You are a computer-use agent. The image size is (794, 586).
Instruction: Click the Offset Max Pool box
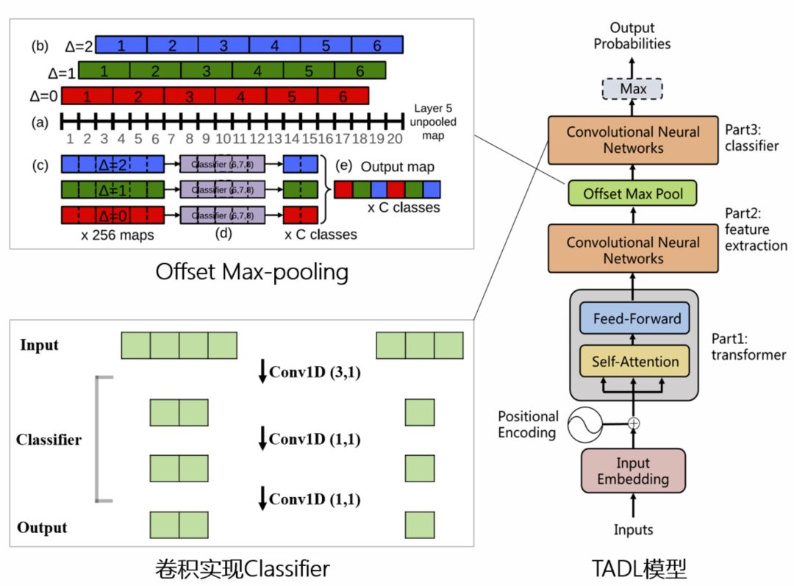[x=633, y=194]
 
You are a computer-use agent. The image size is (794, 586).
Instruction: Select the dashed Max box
[x=633, y=90]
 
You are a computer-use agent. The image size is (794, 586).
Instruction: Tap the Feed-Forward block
[x=634, y=320]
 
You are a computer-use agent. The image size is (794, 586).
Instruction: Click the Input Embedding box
[x=633, y=471]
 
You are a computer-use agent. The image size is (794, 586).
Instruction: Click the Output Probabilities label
[x=632, y=36]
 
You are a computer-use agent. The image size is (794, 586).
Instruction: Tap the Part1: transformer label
[x=748, y=347]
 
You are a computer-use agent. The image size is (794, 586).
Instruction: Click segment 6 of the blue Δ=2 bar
[x=377, y=46]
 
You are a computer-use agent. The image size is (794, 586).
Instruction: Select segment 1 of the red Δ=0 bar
[x=87, y=96]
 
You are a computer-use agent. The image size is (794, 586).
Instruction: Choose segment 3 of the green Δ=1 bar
[x=207, y=71]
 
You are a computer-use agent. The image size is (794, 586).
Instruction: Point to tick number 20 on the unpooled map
[x=396, y=138]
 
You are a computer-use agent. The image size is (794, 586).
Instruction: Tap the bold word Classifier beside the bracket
[x=49, y=440]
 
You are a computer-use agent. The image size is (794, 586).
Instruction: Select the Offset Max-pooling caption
[x=251, y=272]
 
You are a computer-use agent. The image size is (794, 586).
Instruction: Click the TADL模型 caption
[x=640, y=568]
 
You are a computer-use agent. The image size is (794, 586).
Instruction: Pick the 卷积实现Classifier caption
[x=243, y=568]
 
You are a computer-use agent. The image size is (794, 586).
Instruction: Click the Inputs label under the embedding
[x=633, y=529]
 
